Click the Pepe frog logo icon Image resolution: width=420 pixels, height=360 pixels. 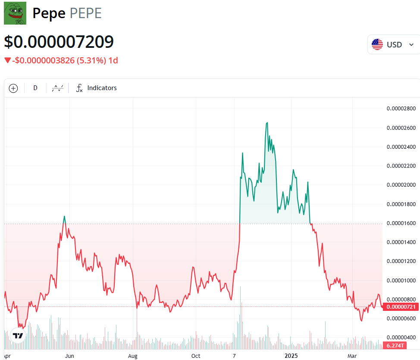point(15,13)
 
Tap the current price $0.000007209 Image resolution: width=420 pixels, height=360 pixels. point(59,42)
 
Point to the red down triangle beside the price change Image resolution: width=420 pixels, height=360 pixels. point(7,60)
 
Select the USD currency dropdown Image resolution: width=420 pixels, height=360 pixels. point(393,44)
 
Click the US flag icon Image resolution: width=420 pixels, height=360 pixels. point(377,44)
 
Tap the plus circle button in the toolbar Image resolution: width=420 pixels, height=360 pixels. point(13,88)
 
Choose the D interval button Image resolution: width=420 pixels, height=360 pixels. point(35,88)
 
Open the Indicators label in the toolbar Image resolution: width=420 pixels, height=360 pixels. point(102,88)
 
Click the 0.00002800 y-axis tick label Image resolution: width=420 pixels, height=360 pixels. point(401,109)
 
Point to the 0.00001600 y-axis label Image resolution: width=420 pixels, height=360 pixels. point(401,223)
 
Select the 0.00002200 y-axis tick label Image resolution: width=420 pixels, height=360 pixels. point(401,166)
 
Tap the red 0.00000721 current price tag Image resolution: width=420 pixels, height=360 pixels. point(401,307)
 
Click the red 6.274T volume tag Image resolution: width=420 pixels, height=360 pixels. point(395,346)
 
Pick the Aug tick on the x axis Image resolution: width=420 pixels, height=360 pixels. point(133,356)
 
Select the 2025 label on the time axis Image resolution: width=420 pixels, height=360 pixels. point(291,356)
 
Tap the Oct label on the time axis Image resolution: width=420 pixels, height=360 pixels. point(196,356)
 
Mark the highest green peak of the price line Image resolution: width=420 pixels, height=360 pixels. point(267,122)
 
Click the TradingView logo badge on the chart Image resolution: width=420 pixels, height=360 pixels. point(18,336)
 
